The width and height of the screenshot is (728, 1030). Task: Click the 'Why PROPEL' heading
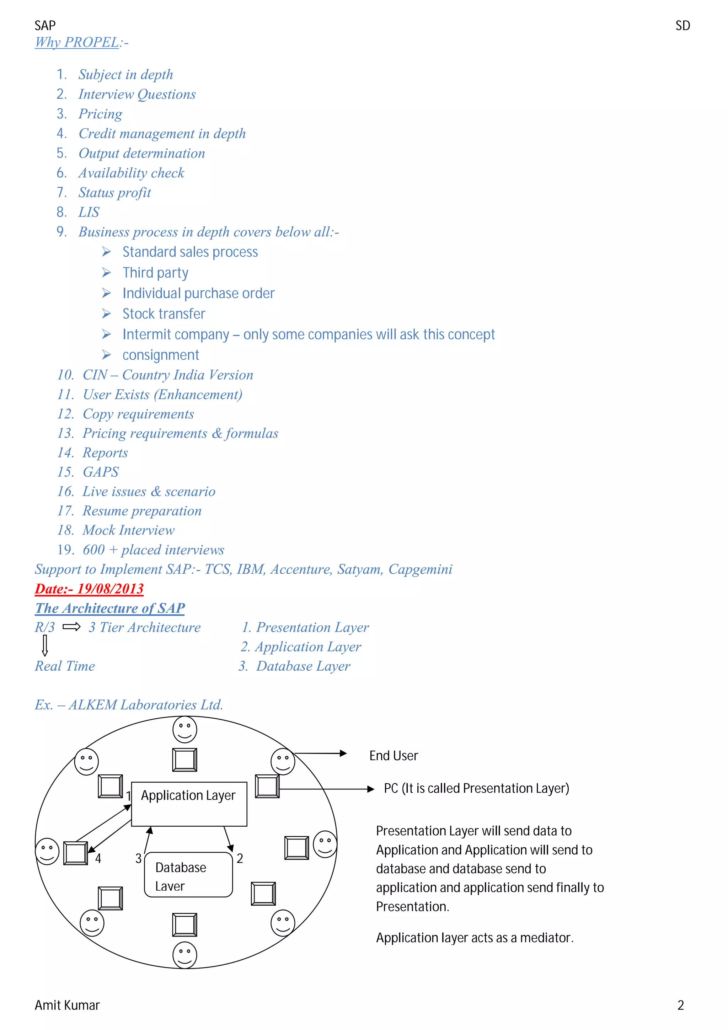(x=77, y=42)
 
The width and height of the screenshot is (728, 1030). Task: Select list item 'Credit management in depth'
(x=162, y=134)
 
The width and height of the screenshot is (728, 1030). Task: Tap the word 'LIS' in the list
(x=89, y=212)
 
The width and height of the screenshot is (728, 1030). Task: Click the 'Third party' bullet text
(x=155, y=273)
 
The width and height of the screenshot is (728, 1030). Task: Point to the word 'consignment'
(x=161, y=355)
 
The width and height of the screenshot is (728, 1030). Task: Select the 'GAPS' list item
(x=101, y=472)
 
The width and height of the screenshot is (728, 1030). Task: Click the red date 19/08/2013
(x=89, y=589)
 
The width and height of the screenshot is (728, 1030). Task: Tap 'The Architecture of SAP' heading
(x=110, y=608)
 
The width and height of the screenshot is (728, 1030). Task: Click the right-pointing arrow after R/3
(x=71, y=627)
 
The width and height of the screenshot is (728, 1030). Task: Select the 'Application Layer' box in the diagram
(x=189, y=804)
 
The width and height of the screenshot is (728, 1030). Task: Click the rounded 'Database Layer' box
(x=188, y=875)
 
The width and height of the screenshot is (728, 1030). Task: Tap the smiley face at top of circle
(x=185, y=729)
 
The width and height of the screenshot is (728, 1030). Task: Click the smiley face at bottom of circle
(x=185, y=955)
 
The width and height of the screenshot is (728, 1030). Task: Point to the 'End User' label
(x=394, y=756)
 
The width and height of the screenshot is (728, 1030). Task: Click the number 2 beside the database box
(x=240, y=859)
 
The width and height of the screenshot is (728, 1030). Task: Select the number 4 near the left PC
(x=98, y=859)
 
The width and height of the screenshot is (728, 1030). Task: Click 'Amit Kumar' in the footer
(x=67, y=1005)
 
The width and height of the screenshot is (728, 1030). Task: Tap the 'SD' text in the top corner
(x=682, y=26)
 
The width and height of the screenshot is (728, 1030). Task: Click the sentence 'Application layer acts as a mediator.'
(x=475, y=938)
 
